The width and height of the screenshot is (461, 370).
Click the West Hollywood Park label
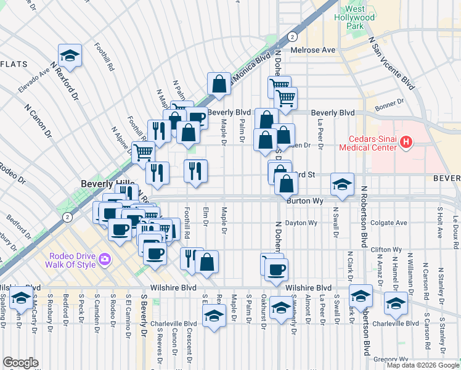(x=359, y=18)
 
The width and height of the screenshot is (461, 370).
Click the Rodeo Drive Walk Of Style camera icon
(x=105, y=259)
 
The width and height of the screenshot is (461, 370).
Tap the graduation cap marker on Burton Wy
(x=342, y=184)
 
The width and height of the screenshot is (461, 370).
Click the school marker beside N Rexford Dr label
(x=70, y=55)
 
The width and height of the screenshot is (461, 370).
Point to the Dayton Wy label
(x=300, y=223)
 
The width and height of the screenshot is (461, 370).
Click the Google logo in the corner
(x=20, y=363)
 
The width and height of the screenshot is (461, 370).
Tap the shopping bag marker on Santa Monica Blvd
(x=219, y=84)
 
